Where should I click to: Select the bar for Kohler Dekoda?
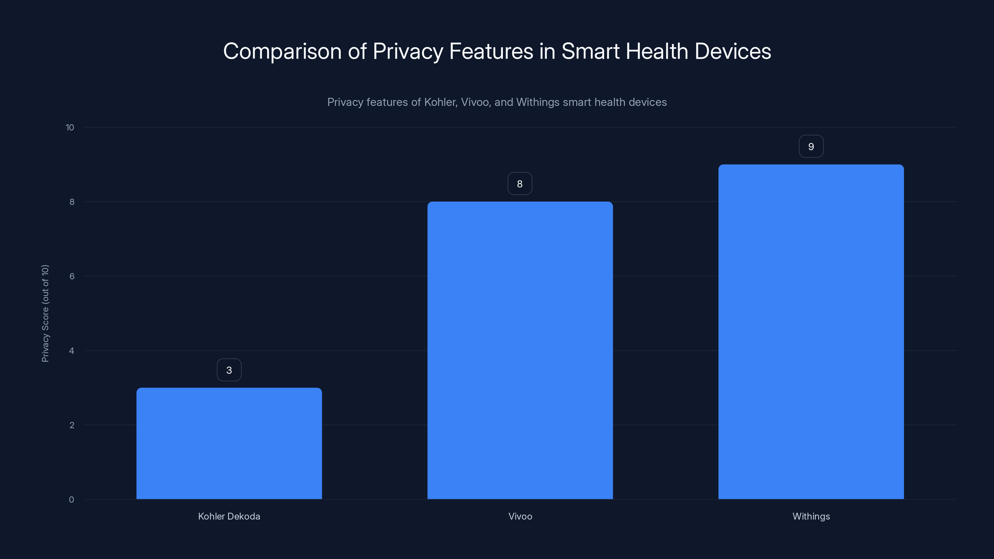tap(229, 444)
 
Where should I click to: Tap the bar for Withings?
tap(811, 332)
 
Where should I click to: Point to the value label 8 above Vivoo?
tap(520, 184)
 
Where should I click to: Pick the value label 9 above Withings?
tap(811, 147)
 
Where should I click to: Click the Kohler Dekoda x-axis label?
tap(229, 516)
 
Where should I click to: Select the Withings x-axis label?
tap(811, 516)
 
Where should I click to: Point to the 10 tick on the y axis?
tap(70, 128)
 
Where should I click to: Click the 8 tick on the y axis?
tap(72, 202)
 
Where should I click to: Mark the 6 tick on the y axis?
tap(72, 276)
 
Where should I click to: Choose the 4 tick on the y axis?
tap(72, 351)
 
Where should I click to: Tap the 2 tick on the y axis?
tap(72, 425)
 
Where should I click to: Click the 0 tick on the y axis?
tap(72, 500)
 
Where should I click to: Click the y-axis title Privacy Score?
tap(45, 313)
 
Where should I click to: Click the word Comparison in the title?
tap(282, 51)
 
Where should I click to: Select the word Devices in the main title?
tap(732, 51)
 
